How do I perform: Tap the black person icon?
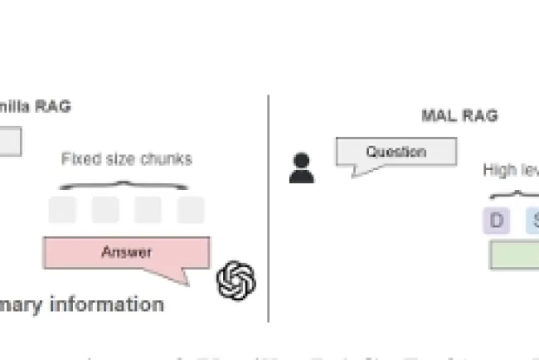tap(302, 167)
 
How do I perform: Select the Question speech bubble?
tap(396, 153)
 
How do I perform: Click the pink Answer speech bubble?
tap(126, 252)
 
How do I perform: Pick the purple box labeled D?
tap(497, 220)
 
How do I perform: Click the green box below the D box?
tap(514, 255)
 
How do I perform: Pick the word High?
tap(500, 170)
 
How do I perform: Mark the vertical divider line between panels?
tap(268, 207)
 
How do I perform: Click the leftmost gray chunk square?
tap(62, 210)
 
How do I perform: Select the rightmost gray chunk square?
tap(191, 210)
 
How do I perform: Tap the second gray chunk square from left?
tap(105, 210)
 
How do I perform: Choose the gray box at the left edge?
tap(10, 142)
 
